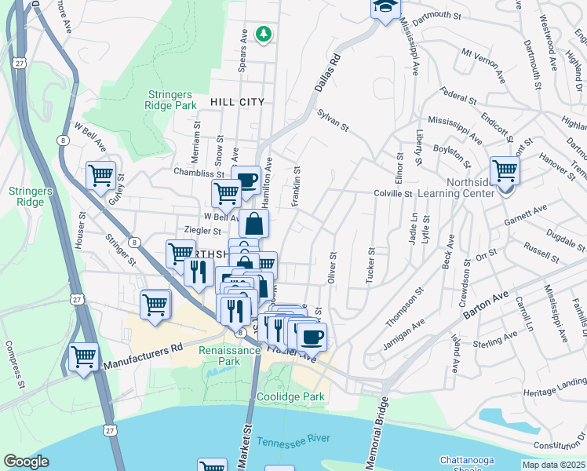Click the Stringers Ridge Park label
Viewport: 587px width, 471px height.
(171, 100)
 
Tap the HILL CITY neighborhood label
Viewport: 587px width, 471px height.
(237, 102)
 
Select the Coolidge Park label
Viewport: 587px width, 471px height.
(290, 396)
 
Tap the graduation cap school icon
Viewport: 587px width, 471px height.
(385, 9)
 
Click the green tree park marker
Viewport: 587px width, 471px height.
(264, 33)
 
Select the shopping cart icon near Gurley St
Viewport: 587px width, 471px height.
(100, 176)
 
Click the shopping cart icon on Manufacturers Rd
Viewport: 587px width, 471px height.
(83, 356)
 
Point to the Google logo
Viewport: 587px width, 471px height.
(26, 462)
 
